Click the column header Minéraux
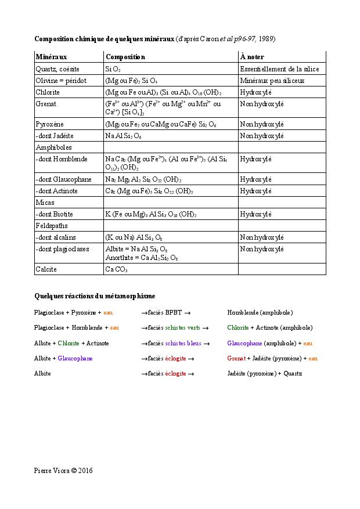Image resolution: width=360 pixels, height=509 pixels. click(51, 57)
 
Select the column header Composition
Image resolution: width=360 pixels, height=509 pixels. click(125, 57)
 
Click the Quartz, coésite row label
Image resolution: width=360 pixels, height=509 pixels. click(57, 69)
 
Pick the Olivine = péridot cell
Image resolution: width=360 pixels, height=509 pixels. click(60, 81)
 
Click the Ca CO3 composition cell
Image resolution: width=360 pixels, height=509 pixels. click(116, 269)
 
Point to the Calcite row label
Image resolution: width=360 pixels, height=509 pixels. click(46, 269)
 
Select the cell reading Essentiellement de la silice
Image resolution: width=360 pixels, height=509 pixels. click(279, 69)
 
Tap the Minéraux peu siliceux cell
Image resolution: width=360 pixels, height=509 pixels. click(272, 81)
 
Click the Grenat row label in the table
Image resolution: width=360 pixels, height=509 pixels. click(45, 104)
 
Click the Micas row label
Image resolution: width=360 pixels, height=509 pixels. click(45, 203)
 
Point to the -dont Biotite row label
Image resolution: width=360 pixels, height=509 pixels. click(55, 214)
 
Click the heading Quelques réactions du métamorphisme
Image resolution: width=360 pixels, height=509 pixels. click(95, 296)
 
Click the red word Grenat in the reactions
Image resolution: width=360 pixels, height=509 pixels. click(236, 358)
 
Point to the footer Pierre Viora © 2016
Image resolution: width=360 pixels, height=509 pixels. click(63, 471)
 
